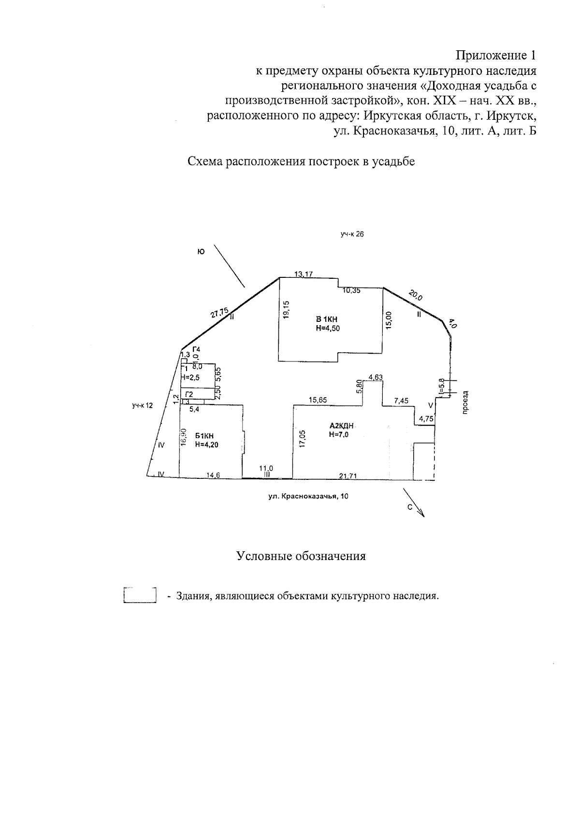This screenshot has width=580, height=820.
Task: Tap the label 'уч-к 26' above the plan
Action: pos(351,234)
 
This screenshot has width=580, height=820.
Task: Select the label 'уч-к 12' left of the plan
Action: pos(142,406)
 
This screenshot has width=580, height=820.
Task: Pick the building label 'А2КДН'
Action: pos(342,426)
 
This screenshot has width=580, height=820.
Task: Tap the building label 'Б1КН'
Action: pos(204,436)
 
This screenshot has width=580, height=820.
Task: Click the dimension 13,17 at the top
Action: pos(304,274)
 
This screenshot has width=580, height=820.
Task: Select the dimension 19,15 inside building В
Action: pos(287,310)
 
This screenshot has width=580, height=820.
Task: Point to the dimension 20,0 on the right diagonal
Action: pos(415,296)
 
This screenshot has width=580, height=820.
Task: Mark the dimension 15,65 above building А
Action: pos(318,400)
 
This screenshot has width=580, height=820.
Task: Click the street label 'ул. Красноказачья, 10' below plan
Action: pos(308,496)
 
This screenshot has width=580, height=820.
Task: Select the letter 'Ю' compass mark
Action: pos(201,251)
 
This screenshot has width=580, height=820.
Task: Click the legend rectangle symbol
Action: pos(140,595)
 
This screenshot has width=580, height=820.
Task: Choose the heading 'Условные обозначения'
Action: pos(301,556)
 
